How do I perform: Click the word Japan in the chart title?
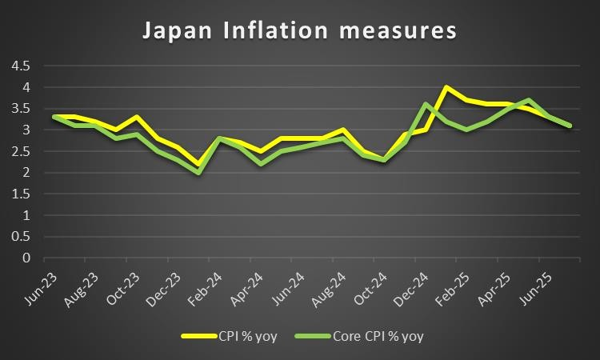click(x=180, y=32)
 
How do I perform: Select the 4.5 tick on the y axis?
click(x=20, y=66)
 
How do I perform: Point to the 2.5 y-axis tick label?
click(x=20, y=151)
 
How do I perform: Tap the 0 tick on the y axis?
click(x=26, y=258)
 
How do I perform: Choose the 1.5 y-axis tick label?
click(x=20, y=194)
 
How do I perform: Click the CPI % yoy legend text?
click(x=249, y=337)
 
